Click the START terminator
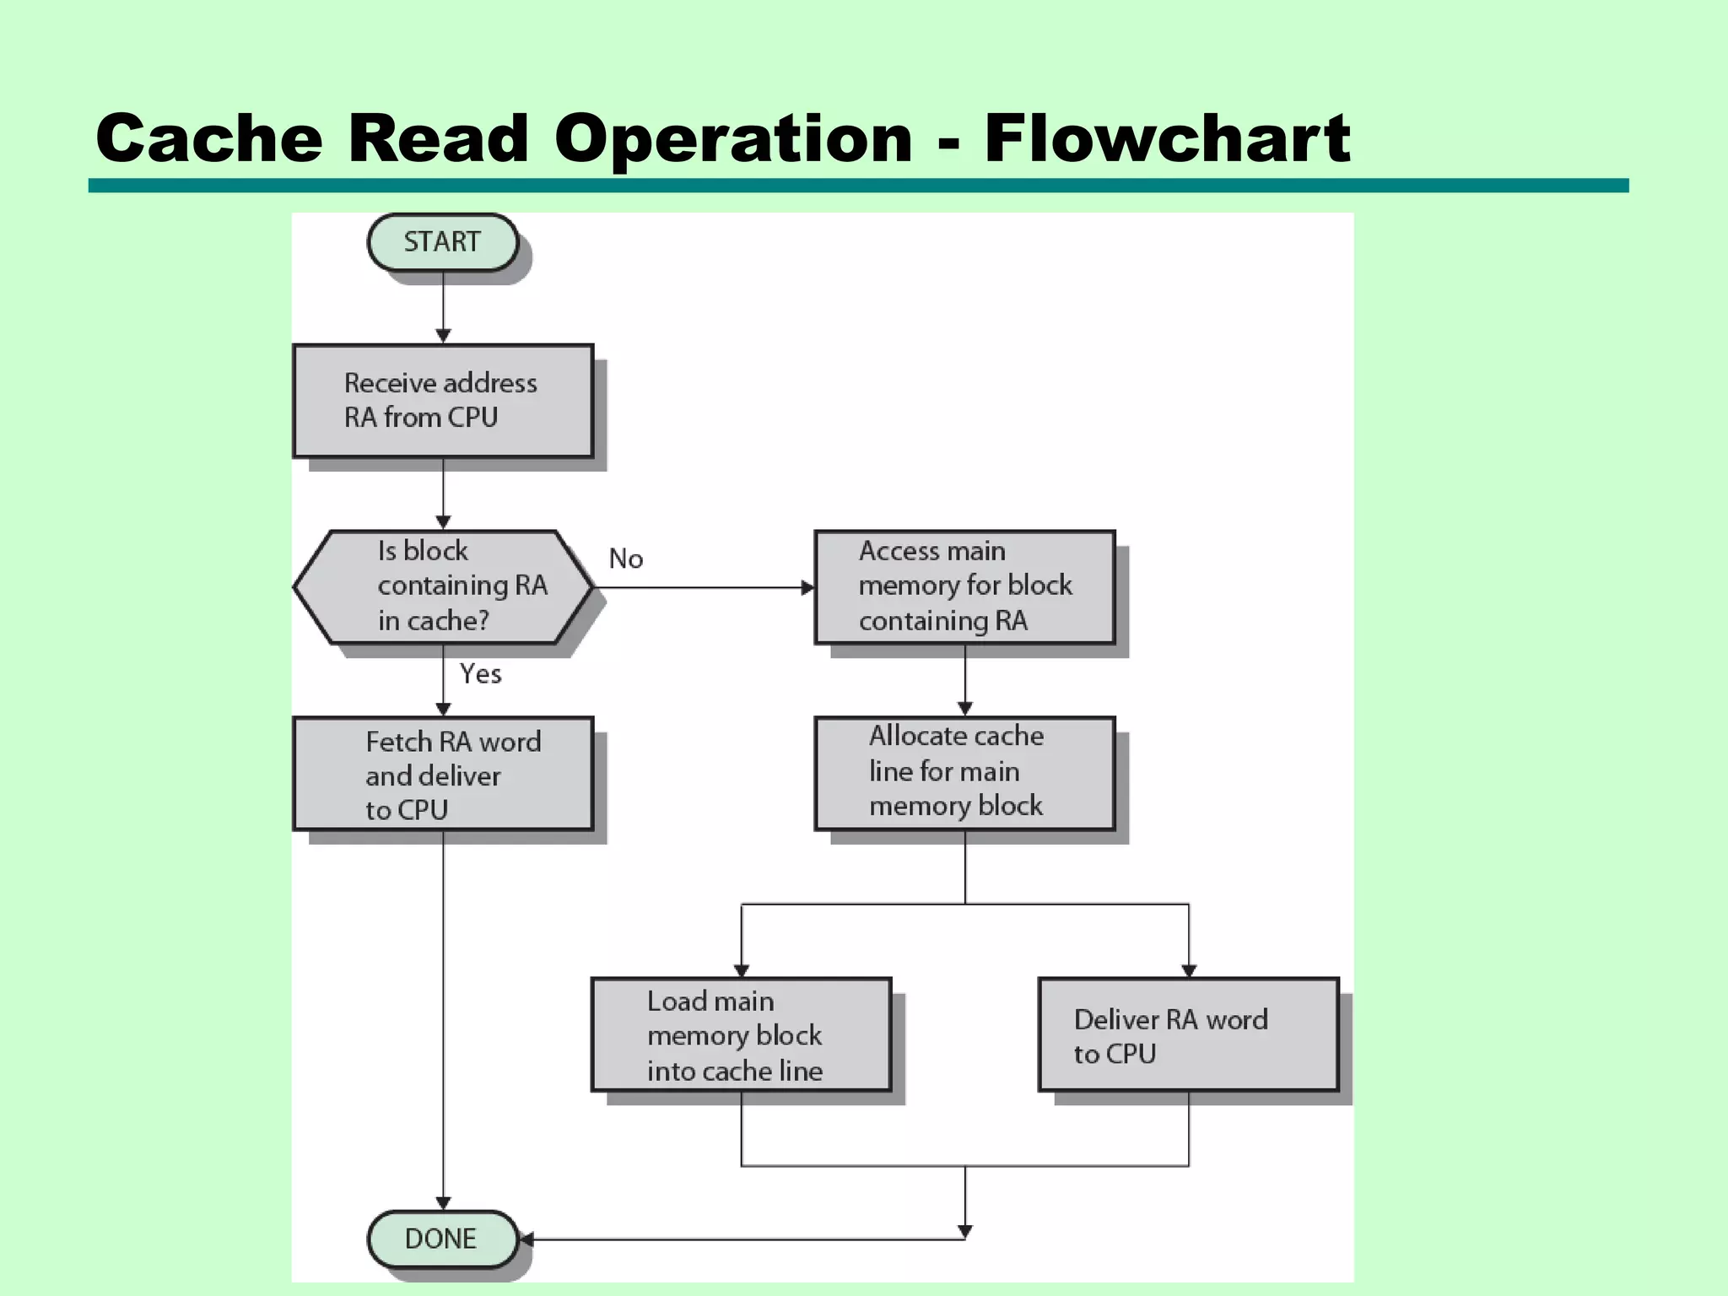[442, 242]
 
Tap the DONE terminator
[442, 1239]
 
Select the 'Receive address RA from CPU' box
[442, 401]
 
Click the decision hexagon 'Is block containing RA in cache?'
[442, 586]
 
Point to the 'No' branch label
[626, 559]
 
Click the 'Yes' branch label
[480, 673]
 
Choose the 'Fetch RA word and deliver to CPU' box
[442, 774]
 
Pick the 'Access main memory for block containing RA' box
[964, 586]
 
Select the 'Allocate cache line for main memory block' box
[964, 773]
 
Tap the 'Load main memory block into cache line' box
[741, 1034]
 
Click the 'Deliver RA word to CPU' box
[1188, 1034]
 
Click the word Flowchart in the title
[1166, 138]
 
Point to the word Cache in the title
[208, 138]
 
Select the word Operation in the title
[733, 138]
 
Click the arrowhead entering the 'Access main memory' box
[807, 587]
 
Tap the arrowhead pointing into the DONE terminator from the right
[526, 1239]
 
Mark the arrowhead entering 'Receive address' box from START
[443, 337]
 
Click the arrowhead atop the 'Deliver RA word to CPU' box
[1189, 970]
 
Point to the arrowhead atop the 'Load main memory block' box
[742, 970]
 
